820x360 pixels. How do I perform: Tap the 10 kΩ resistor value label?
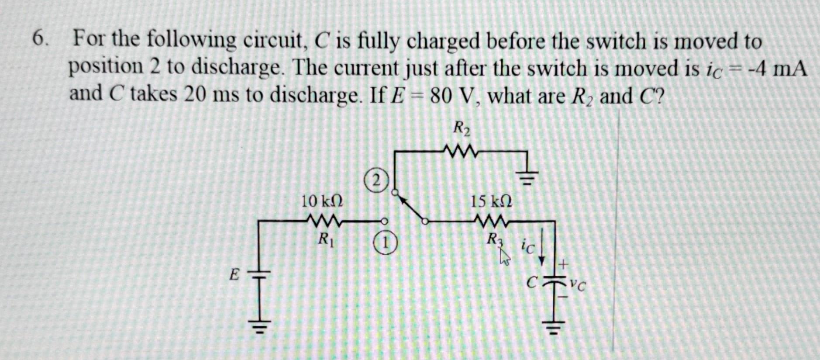tap(322, 201)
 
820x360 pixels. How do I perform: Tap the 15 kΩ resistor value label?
tap(491, 201)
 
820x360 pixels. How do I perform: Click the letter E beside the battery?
tap(234, 275)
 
